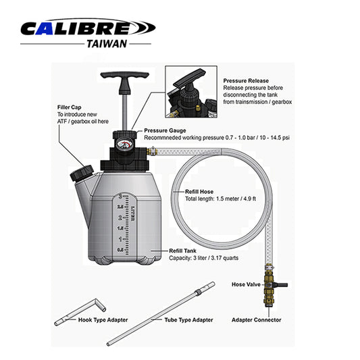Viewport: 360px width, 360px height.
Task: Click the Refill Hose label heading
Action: (x=200, y=192)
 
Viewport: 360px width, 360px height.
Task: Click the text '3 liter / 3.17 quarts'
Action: (x=212, y=258)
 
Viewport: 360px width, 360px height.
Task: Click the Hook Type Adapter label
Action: (x=101, y=319)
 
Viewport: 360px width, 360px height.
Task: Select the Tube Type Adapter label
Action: (x=188, y=319)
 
